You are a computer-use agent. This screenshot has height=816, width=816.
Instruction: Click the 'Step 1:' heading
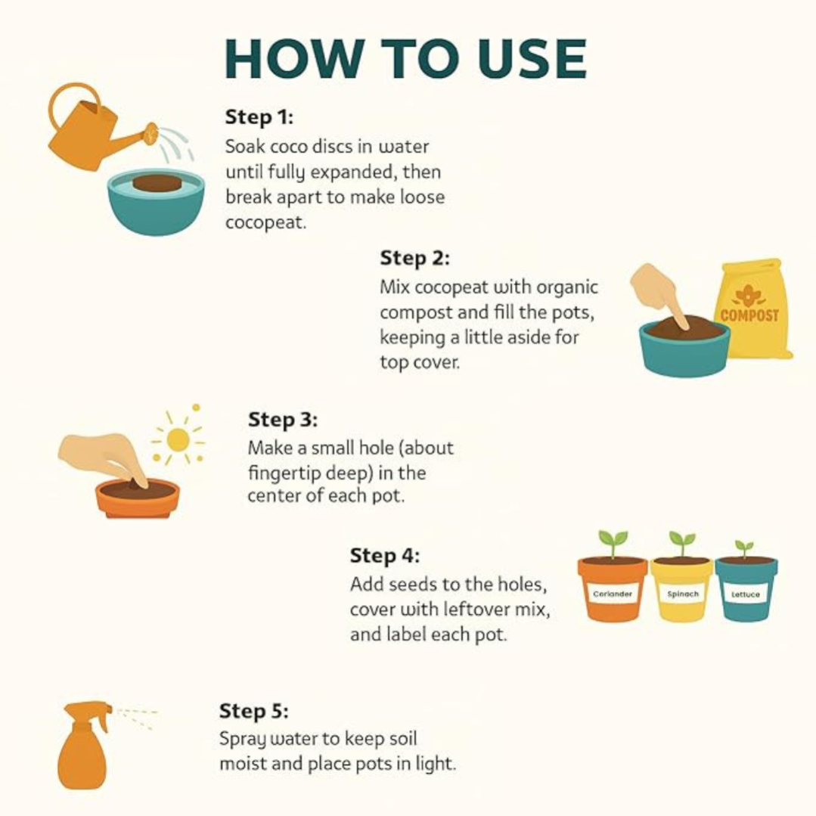tap(259, 116)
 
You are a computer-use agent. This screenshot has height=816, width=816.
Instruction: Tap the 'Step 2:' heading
tap(414, 258)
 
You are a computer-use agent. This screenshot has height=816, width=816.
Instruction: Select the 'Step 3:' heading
tap(282, 420)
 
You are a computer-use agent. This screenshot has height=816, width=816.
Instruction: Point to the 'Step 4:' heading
tap(384, 555)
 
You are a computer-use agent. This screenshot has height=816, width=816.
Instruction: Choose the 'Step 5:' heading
tap(253, 711)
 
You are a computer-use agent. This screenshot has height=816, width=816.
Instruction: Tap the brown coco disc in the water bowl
tap(156, 183)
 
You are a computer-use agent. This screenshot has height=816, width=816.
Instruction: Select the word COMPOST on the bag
tap(749, 315)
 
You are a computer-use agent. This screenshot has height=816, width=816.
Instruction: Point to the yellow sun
tap(178, 440)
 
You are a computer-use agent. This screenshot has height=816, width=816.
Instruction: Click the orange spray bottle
tap(84, 745)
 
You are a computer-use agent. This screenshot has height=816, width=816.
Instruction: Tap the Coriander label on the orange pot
tap(613, 594)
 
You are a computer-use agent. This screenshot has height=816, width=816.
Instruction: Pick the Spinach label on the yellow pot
tap(683, 594)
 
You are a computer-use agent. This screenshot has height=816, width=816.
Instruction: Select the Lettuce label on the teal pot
tap(745, 594)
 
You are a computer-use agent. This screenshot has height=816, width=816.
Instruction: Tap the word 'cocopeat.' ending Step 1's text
tap(265, 223)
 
